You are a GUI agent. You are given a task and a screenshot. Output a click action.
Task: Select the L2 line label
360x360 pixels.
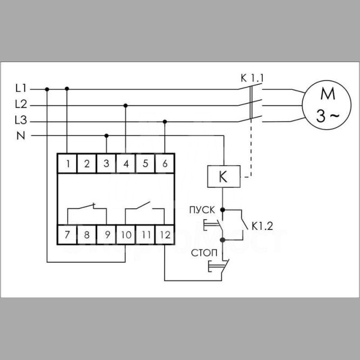[22, 104]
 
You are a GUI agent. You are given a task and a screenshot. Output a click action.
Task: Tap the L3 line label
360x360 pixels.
[22, 119]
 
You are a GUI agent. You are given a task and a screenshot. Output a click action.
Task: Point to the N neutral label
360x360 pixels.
[21, 135]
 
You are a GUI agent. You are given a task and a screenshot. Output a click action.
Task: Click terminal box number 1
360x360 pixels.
[67, 163]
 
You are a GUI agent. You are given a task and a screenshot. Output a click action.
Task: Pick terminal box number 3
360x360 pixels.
[106, 163]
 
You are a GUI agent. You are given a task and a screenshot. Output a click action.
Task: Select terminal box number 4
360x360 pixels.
[126, 163]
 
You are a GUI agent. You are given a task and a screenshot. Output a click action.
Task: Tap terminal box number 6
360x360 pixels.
[165, 163]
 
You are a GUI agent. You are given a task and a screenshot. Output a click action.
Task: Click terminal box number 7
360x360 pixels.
[67, 235]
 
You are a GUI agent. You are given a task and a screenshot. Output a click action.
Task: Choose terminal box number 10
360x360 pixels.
[125, 235]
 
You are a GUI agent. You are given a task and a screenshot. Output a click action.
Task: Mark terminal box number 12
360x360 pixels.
[165, 235]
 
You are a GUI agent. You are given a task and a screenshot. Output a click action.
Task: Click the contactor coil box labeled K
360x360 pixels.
[223, 176]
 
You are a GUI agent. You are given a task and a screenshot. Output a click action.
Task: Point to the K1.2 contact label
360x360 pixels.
[262, 226]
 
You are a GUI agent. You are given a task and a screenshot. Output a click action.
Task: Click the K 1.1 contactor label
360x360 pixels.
[252, 78]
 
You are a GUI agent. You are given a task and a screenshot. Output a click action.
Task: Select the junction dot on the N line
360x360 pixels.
[106, 135]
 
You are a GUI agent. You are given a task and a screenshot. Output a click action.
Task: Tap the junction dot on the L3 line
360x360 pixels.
[165, 121]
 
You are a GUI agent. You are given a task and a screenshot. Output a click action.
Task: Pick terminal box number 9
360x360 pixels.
[106, 235]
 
